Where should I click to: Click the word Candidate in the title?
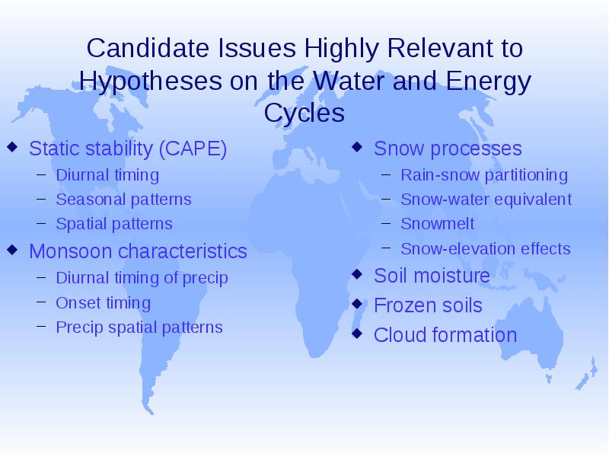[x=148, y=48]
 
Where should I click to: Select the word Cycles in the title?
[x=304, y=113]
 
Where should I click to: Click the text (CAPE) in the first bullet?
[x=193, y=149]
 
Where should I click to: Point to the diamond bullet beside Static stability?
[x=12, y=146]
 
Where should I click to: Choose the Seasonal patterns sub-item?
[x=123, y=200]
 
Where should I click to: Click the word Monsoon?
[x=71, y=251]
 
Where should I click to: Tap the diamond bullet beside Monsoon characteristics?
[x=12, y=250]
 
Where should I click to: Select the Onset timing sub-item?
[x=103, y=303]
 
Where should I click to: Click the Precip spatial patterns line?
[x=139, y=328]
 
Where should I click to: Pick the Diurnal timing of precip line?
[x=142, y=278]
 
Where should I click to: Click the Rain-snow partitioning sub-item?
[x=484, y=175]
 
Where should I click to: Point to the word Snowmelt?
[x=437, y=223]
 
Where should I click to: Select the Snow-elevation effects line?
[x=486, y=249]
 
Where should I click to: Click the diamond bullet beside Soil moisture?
[x=357, y=274]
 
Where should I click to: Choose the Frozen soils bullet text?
[x=428, y=305]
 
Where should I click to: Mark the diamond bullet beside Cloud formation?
[x=357, y=334]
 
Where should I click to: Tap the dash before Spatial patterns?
[x=41, y=223]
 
